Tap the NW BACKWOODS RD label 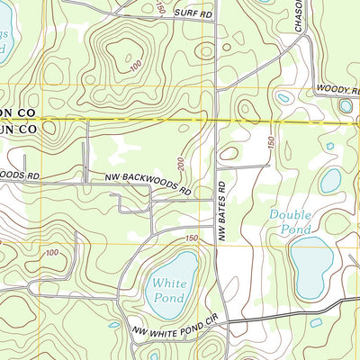[147, 185]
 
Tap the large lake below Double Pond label [311, 267]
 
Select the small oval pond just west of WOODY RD [284, 97]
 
